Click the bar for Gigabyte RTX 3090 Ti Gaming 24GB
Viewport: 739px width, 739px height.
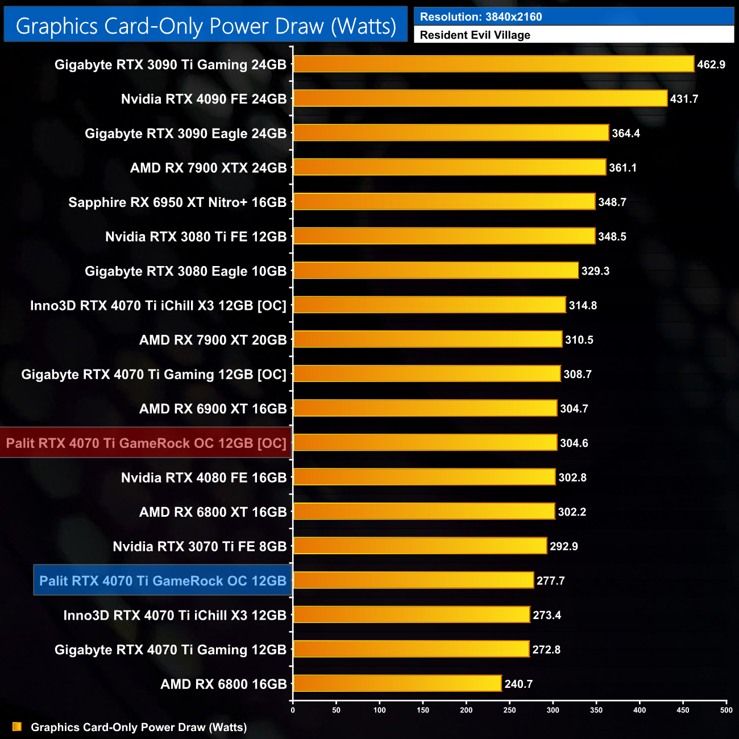point(493,64)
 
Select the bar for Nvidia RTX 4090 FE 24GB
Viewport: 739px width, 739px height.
point(480,98)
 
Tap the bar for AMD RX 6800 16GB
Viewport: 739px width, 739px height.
point(397,683)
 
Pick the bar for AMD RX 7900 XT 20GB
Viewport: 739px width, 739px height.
point(427,339)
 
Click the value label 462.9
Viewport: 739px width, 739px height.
point(711,65)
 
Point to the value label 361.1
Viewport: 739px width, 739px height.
point(622,168)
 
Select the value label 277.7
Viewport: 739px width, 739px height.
point(550,580)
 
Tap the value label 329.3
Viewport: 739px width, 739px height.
point(595,271)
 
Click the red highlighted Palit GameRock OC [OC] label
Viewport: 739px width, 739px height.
point(146,443)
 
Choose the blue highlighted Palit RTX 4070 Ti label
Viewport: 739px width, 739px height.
point(163,580)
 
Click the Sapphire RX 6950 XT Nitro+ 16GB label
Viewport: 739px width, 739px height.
point(177,202)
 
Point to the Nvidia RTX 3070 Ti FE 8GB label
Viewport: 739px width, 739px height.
point(200,546)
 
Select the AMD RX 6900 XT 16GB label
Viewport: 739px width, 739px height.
point(213,409)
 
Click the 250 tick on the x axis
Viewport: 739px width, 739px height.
point(510,709)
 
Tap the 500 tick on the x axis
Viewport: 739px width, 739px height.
point(726,709)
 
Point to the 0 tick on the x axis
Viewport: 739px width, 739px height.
point(293,709)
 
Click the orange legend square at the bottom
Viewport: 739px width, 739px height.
point(17,726)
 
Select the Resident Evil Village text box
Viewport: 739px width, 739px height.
point(574,35)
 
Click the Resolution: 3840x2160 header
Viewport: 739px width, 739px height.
point(574,16)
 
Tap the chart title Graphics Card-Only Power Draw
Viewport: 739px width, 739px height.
point(206,26)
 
